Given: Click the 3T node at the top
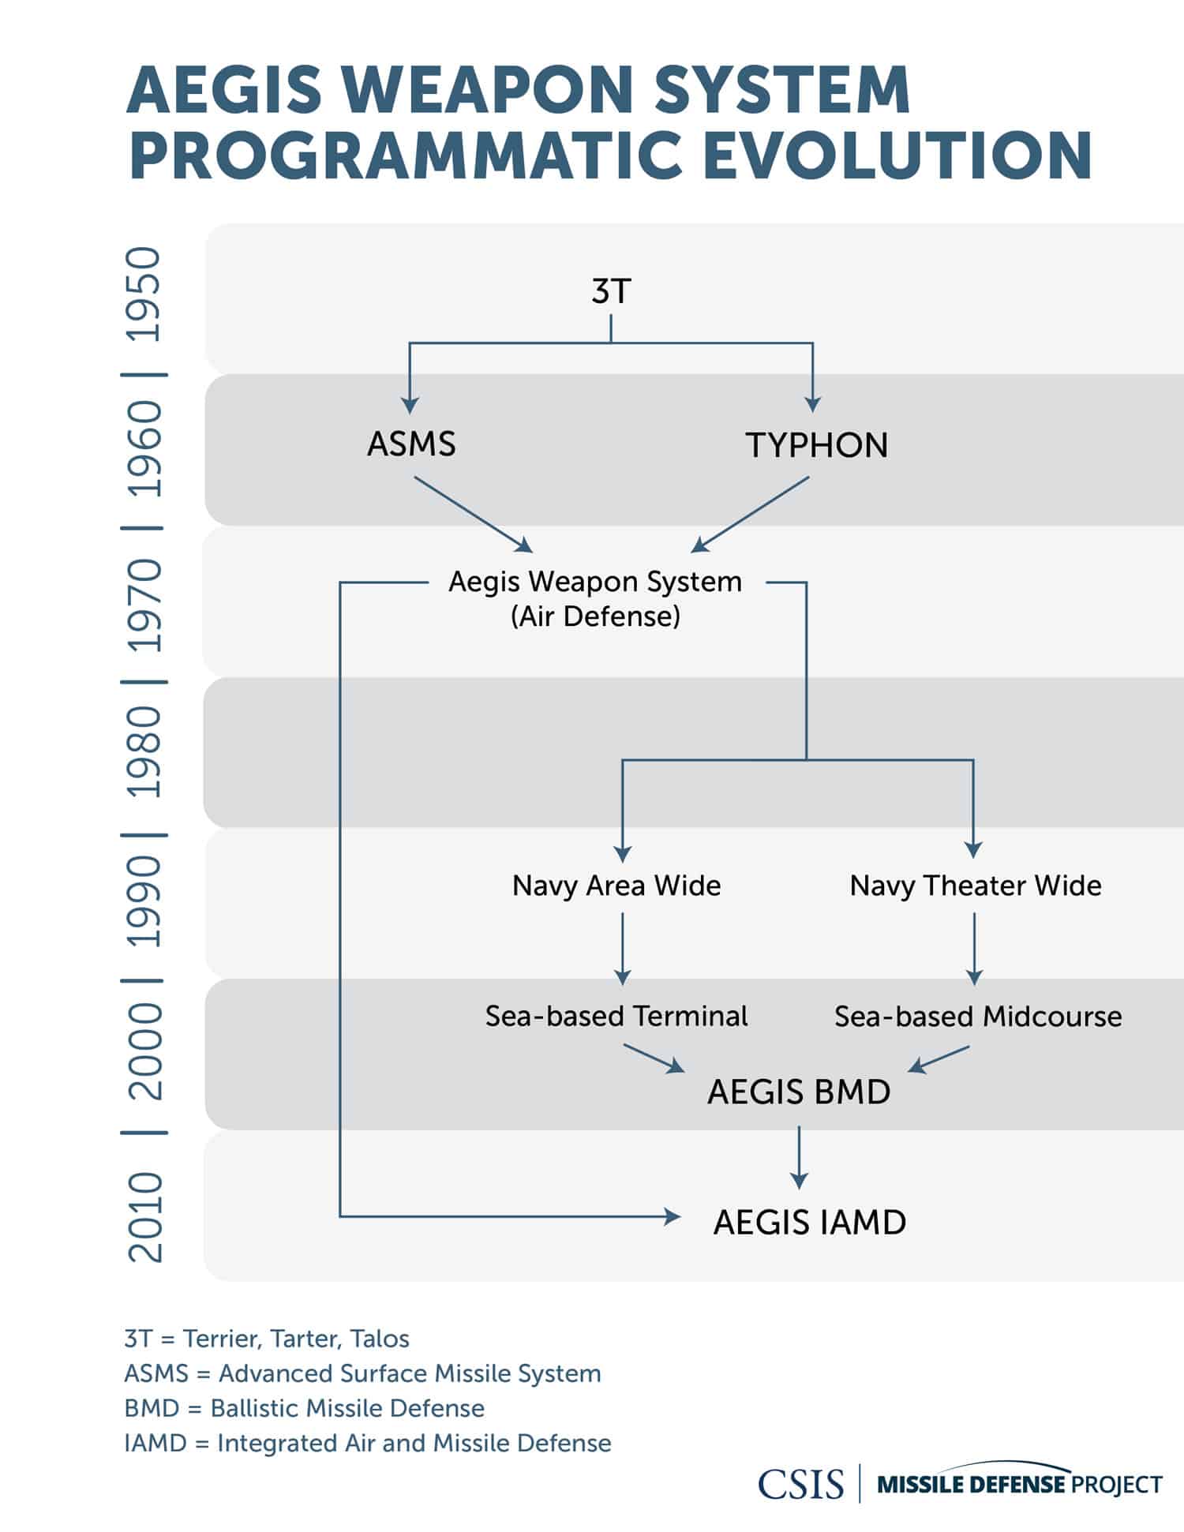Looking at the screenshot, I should point(611,291).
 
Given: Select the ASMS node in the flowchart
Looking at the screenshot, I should point(411,444).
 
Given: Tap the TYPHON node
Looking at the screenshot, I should point(816,445).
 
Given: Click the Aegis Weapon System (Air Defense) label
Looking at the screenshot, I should point(595,598).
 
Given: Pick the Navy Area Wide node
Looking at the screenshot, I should point(616,886).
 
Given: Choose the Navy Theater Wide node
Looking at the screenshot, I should point(975,886).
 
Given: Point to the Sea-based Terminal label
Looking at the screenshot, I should point(616,1016).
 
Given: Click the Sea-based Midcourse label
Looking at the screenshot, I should point(977,1017).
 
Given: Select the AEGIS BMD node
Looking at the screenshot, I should point(798,1092).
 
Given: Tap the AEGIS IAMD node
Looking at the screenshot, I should point(809,1223).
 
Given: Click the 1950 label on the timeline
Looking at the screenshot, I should point(144,294).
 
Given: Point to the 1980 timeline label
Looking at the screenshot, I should point(144,751).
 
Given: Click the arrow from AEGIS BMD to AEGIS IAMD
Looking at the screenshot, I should point(799,1157).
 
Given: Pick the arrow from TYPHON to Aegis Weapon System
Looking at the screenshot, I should point(750,515).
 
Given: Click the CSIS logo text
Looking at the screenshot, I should point(800,1484).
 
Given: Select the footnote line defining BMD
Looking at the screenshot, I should point(304,1408).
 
